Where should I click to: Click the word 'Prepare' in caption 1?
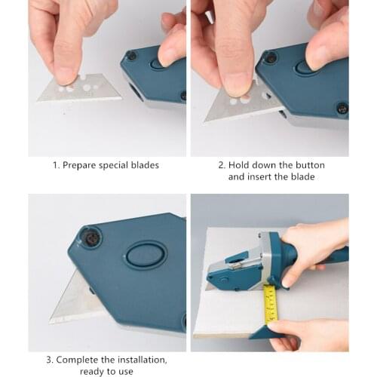click(x=81, y=165)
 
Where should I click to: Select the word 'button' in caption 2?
click(x=297, y=165)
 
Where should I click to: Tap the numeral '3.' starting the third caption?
click(x=50, y=360)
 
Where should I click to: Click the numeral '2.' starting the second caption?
click(x=222, y=165)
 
